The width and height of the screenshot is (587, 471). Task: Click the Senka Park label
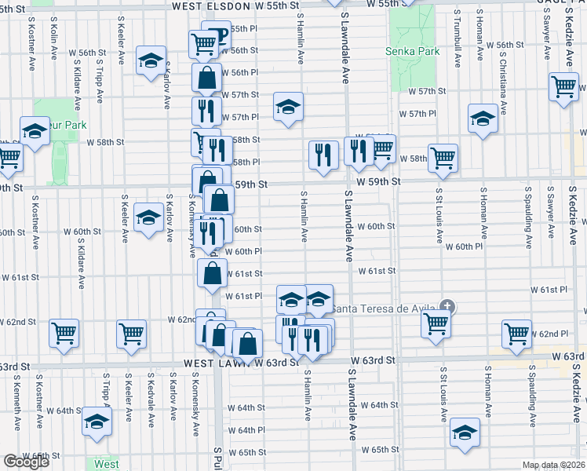pos(412,52)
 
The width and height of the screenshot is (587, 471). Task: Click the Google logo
pos(26,462)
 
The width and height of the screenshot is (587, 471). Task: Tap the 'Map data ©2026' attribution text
pos(554,465)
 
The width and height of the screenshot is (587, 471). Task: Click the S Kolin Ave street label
pos(53,41)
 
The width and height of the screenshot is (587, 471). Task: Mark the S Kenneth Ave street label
pos(16,403)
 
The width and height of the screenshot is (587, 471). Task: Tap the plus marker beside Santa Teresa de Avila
pos(447,305)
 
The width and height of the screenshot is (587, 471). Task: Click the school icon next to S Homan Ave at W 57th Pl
pos(482,119)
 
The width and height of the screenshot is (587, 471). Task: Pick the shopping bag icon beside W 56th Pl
pos(206,78)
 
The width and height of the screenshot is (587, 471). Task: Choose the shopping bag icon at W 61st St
pos(212,274)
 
